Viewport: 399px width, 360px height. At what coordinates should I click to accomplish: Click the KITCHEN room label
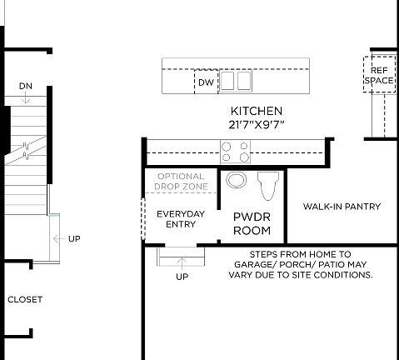(256, 111)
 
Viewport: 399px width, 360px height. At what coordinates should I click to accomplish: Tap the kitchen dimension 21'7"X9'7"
(256, 124)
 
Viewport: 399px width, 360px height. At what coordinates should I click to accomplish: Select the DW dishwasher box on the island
(206, 82)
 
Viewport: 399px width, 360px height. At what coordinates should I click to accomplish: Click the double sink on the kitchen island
(236, 81)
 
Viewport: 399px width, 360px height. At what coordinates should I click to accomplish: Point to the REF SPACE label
(380, 75)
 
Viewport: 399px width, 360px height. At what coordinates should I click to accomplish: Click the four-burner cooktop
(236, 151)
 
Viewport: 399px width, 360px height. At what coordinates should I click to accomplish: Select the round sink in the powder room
(237, 181)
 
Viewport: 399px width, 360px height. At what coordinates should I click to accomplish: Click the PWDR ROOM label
(252, 222)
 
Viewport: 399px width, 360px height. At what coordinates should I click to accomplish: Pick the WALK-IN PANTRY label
(342, 207)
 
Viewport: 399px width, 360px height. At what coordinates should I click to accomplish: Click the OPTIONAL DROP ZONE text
(181, 182)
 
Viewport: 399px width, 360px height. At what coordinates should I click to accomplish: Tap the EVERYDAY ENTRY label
(181, 218)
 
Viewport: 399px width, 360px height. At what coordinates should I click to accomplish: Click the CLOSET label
(25, 299)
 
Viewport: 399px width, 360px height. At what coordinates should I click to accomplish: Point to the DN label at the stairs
(25, 86)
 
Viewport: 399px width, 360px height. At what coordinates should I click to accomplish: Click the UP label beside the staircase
(74, 239)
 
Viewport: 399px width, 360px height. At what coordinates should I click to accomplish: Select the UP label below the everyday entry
(182, 277)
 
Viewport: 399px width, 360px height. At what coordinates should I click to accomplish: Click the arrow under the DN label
(25, 98)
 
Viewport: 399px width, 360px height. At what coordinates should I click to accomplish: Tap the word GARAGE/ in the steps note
(255, 264)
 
